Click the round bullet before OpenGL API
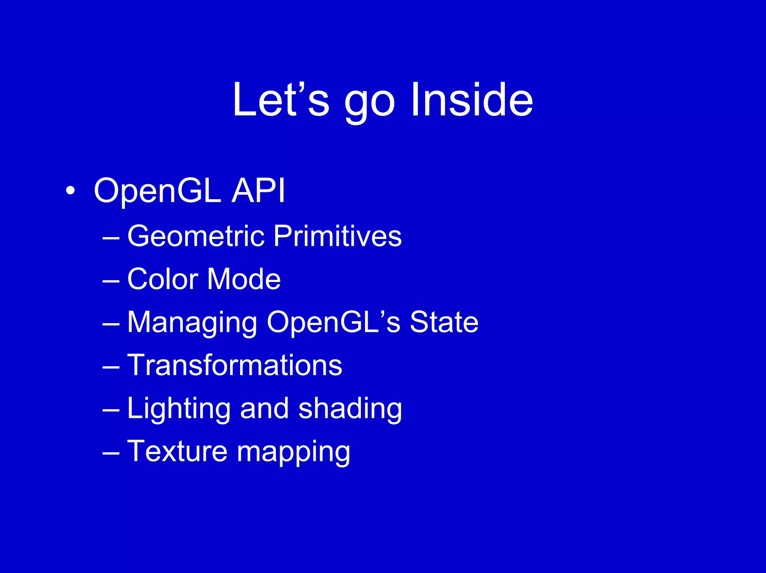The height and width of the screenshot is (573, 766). click(70, 191)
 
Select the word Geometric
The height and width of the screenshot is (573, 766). click(196, 236)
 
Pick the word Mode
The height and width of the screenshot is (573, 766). click(243, 279)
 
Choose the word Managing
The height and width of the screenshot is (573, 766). click(192, 323)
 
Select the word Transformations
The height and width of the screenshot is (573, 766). click(235, 365)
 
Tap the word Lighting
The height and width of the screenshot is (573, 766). click(179, 409)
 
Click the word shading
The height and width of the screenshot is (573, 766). click(350, 409)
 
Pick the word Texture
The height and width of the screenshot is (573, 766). click(177, 451)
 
